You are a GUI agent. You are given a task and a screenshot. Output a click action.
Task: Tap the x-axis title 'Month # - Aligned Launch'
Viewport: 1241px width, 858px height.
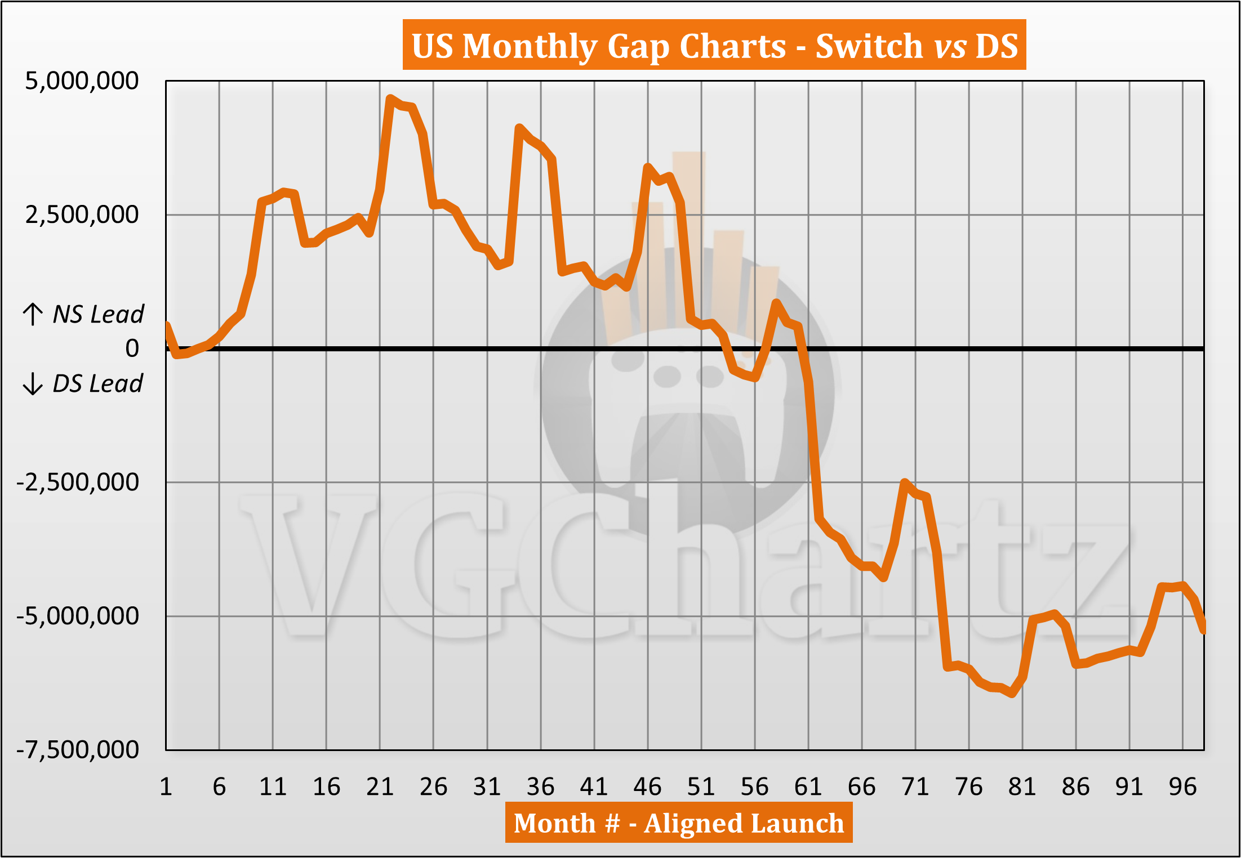pyautogui.click(x=678, y=823)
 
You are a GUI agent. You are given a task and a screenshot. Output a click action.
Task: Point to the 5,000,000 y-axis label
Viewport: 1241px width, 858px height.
pyautogui.click(x=82, y=81)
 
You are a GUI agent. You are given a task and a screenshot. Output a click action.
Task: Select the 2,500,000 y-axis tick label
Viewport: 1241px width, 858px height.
pyautogui.click(x=82, y=214)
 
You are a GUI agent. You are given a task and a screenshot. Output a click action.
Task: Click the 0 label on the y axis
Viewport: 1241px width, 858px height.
pyautogui.click(x=132, y=348)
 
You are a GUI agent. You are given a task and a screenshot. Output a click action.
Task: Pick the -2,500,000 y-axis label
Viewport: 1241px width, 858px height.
pyautogui.click(x=78, y=482)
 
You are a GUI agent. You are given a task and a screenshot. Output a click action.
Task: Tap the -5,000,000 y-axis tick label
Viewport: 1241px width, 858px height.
pyautogui.click(x=78, y=616)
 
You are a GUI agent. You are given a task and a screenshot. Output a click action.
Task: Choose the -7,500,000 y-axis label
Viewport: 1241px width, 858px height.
pyautogui.click(x=78, y=750)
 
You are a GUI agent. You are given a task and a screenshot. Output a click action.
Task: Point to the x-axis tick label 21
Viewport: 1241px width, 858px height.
pyautogui.click(x=380, y=786)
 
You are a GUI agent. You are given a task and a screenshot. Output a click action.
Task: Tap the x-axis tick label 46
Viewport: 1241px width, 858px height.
pyautogui.click(x=647, y=786)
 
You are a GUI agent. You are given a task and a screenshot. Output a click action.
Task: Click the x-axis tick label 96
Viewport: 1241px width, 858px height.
pyautogui.click(x=1182, y=786)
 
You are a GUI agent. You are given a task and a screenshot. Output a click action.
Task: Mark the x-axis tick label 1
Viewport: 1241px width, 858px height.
pyautogui.click(x=166, y=786)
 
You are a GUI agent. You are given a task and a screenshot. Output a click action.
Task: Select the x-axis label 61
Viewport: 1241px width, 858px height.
pyautogui.click(x=808, y=786)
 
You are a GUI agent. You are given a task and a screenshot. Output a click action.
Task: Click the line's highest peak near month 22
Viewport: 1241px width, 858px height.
pyautogui.click(x=390, y=99)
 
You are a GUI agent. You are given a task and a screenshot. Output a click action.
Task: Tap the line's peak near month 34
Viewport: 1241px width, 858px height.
pyautogui.click(x=519, y=128)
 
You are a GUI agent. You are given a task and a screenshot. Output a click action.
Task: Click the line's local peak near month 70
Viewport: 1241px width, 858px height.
pyautogui.click(x=905, y=482)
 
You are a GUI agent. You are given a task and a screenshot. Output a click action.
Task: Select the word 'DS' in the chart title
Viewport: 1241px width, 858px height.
pyautogui.click(x=997, y=45)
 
